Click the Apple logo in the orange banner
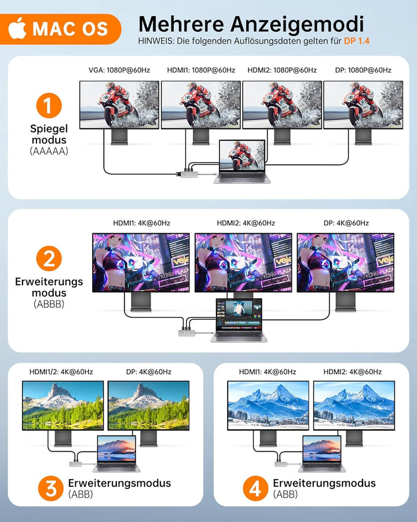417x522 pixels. [x=17, y=28]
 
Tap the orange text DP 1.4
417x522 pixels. [x=357, y=41]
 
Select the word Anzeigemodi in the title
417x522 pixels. [x=297, y=25]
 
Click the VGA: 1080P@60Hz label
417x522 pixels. [x=119, y=70]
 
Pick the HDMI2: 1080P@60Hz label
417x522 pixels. [x=282, y=70]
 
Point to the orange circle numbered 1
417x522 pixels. [x=49, y=106]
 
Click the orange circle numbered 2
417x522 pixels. [x=49, y=258]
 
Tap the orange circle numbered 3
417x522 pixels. [x=51, y=488]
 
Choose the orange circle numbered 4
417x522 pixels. [x=255, y=488]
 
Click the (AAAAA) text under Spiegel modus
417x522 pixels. [x=49, y=151]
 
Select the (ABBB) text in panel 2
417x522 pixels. [x=49, y=304]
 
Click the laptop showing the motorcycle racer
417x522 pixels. [x=242, y=161]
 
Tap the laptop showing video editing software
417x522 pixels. [x=239, y=320]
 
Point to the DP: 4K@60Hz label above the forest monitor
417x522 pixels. [x=149, y=372]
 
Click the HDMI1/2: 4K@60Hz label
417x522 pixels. [x=61, y=372]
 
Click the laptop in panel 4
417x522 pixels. [x=321, y=454]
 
